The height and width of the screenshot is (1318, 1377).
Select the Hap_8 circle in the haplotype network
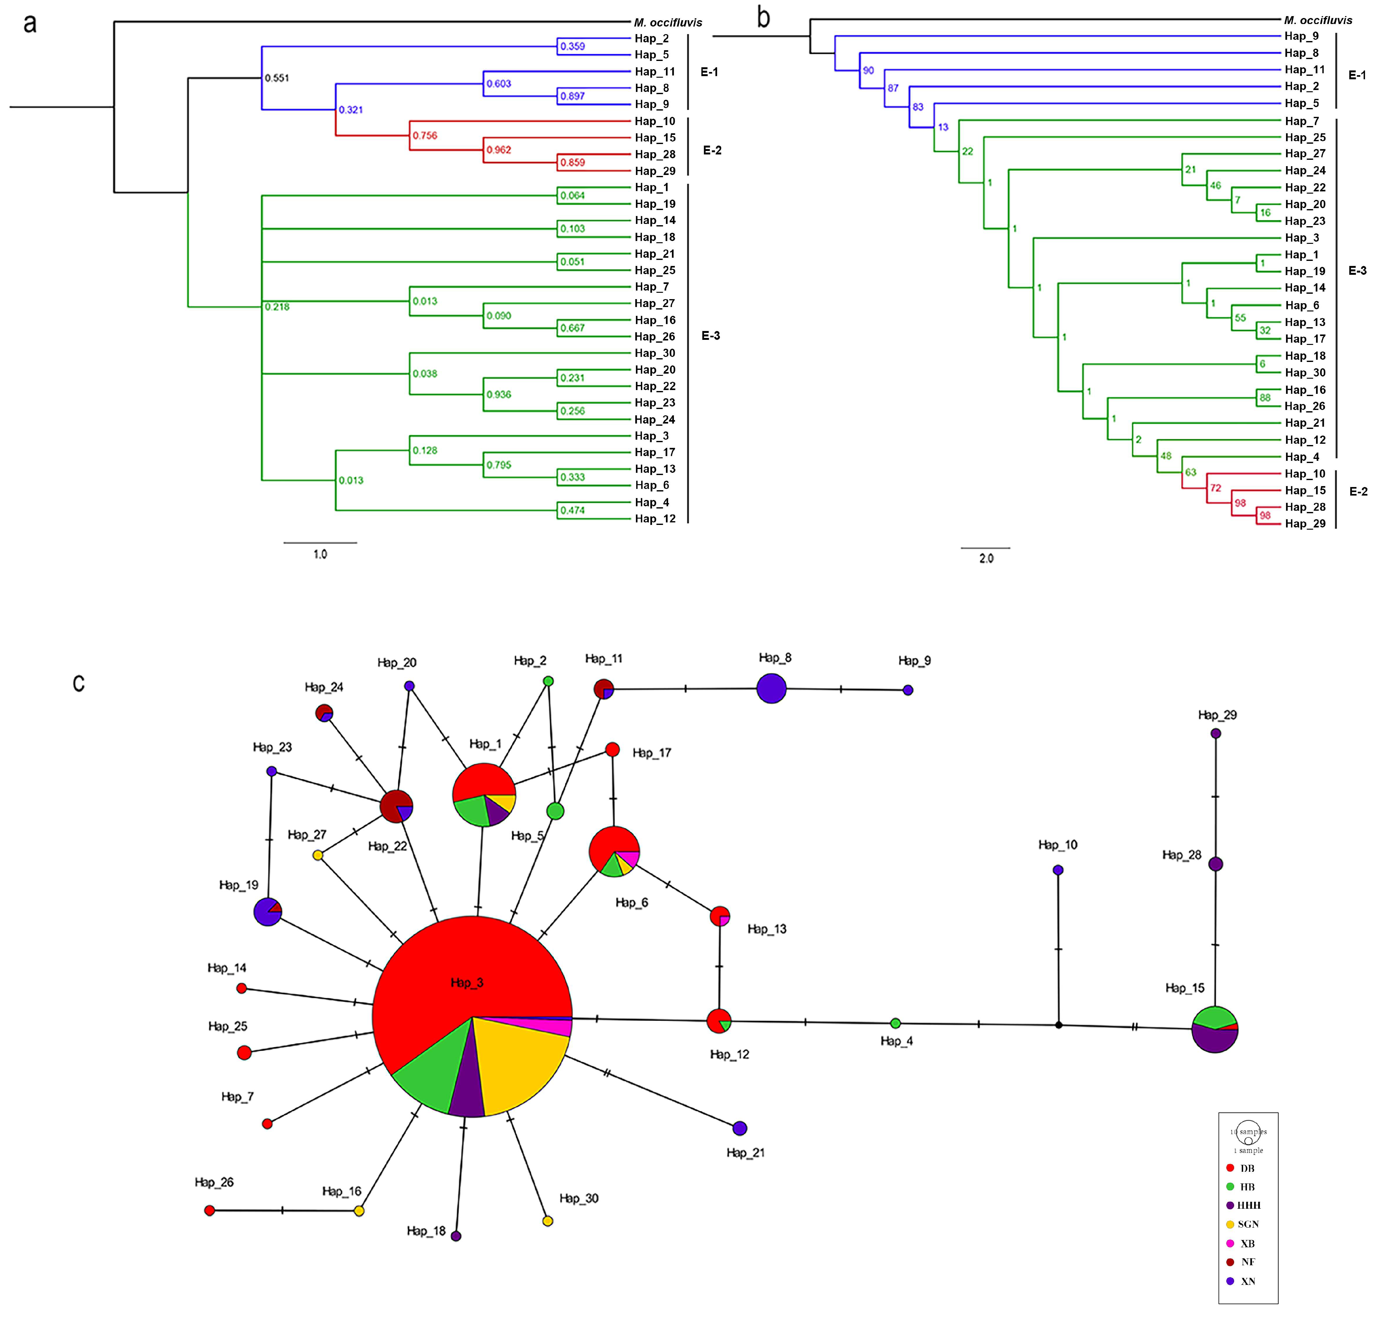(x=771, y=689)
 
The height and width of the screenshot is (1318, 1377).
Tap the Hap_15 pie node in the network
(x=1215, y=1029)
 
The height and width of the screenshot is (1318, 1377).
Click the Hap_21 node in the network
(x=739, y=1128)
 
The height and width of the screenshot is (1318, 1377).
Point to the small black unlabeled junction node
(x=1058, y=1025)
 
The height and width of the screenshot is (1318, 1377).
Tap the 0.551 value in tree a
(x=277, y=78)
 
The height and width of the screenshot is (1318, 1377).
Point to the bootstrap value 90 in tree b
(x=868, y=70)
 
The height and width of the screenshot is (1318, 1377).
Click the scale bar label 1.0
(x=320, y=554)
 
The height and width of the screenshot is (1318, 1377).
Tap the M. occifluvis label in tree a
(x=667, y=22)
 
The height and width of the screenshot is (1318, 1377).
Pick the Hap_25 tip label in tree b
(x=1305, y=138)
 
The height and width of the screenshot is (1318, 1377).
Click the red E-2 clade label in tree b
(x=1358, y=492)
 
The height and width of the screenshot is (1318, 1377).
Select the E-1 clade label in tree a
(x=709, y=72)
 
